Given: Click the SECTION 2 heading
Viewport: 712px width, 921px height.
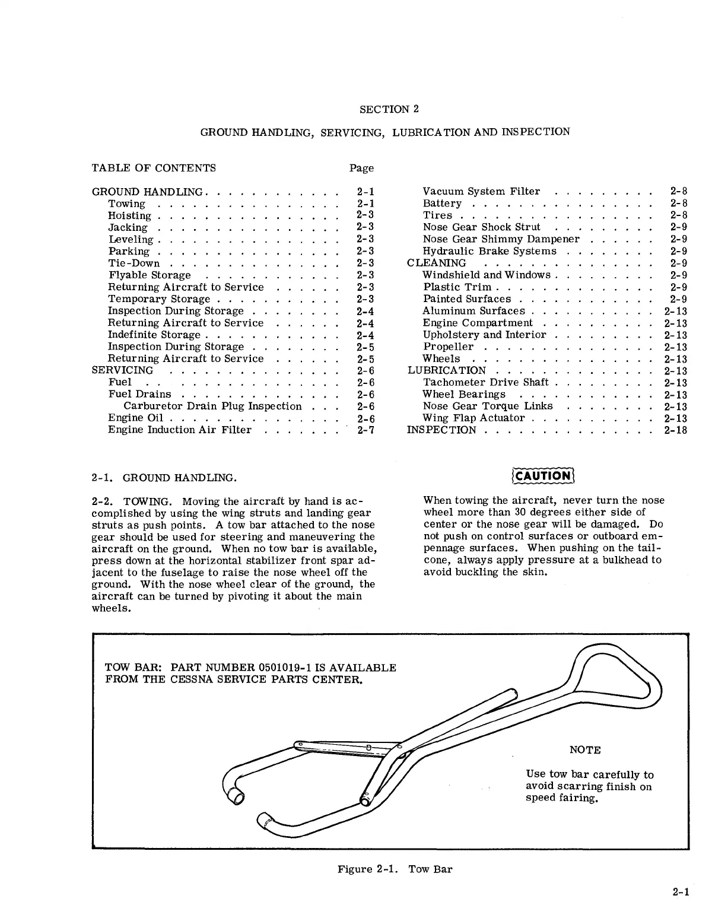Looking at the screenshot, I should [x=389, y=109].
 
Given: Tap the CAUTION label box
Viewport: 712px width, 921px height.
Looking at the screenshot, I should [x=542, y=475].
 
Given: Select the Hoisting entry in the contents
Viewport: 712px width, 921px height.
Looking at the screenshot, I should [x=129, y=215].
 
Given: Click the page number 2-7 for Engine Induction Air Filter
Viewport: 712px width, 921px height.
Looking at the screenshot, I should [x=365, y=430].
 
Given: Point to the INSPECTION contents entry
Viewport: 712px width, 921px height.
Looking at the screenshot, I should [x=441, y=430].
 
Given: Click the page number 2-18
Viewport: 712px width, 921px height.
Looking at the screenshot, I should [x=675, y=430].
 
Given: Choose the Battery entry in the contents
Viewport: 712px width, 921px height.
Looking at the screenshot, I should [x=442, y=204].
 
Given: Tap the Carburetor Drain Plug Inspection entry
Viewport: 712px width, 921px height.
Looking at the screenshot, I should [x=212, y=406].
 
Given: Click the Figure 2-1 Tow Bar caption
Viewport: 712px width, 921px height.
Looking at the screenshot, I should [x=395, y=869].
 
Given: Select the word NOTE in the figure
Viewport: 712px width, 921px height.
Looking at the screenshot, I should [x=585, y=749].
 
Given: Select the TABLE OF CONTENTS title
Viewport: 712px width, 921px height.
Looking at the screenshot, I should [x=154, y=168].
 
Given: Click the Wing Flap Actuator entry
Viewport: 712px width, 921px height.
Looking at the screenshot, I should [x=473, y=418].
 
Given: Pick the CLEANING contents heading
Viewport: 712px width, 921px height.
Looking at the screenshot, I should [x=437, y=263].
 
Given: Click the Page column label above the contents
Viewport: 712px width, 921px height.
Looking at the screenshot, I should [x=361, y=168].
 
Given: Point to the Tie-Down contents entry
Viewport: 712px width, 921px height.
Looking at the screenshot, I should [x=133, y=263].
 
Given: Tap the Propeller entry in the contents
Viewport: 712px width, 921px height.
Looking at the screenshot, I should [x=448, y=347].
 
